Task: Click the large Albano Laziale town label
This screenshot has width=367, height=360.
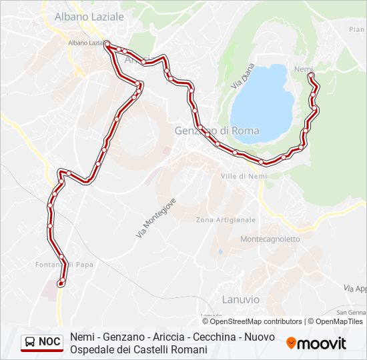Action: tap(89, 15)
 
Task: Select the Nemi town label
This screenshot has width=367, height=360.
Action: tap(303, 69)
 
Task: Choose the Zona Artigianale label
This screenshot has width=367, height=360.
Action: tap(226, 220)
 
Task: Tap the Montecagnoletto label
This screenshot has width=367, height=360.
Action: tap(270, 239)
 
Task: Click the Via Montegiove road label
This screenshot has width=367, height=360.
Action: tap(156, 217)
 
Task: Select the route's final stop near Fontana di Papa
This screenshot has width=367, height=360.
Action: tap(61, 284)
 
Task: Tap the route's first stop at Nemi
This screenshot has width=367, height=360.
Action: tap(311, 76)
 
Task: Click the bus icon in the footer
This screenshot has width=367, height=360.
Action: tap(30, 342)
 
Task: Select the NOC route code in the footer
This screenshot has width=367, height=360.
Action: tap(49, 342)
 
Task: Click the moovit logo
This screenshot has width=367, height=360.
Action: tap(316, 343)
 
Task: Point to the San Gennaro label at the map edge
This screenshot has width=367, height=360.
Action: tap(351, 312)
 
